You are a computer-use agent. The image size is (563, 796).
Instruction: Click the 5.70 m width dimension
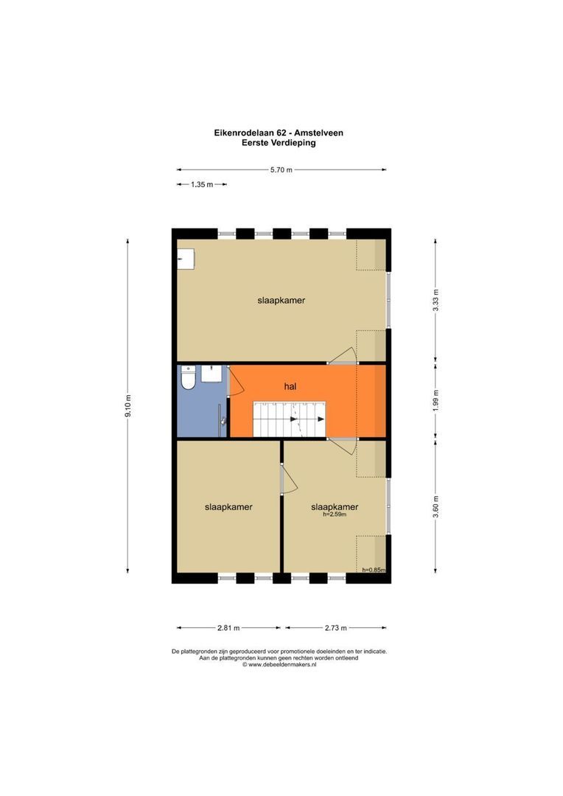point(281,170)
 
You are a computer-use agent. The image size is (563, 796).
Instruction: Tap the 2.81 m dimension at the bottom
point(228,628)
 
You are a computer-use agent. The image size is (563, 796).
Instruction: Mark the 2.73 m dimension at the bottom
point(335,628)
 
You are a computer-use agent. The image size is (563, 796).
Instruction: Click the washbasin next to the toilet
point(212,373)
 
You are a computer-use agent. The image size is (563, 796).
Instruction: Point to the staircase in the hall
point(289,419)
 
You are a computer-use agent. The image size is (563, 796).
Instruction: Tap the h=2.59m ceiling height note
point(335,515)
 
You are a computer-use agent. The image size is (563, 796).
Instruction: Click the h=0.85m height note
point(373,570)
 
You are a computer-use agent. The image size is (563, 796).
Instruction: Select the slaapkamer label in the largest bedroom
point(281,301)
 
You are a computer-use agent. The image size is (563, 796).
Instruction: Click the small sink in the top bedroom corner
point(186,259)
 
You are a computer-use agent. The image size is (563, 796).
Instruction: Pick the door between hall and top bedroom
point(343,356)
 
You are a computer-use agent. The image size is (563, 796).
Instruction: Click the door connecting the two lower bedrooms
point(287,481)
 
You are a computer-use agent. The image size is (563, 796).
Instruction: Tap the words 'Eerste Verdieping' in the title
point(279,143)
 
